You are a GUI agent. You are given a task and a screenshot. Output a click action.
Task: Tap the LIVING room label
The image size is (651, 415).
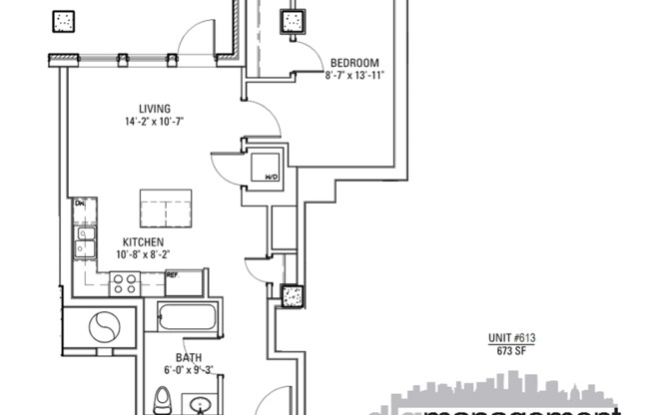point(154,109)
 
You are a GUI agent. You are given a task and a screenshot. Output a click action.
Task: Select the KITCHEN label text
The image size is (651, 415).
point(143,242)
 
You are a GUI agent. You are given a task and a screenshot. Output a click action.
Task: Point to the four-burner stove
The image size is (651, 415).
point(125,282)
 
